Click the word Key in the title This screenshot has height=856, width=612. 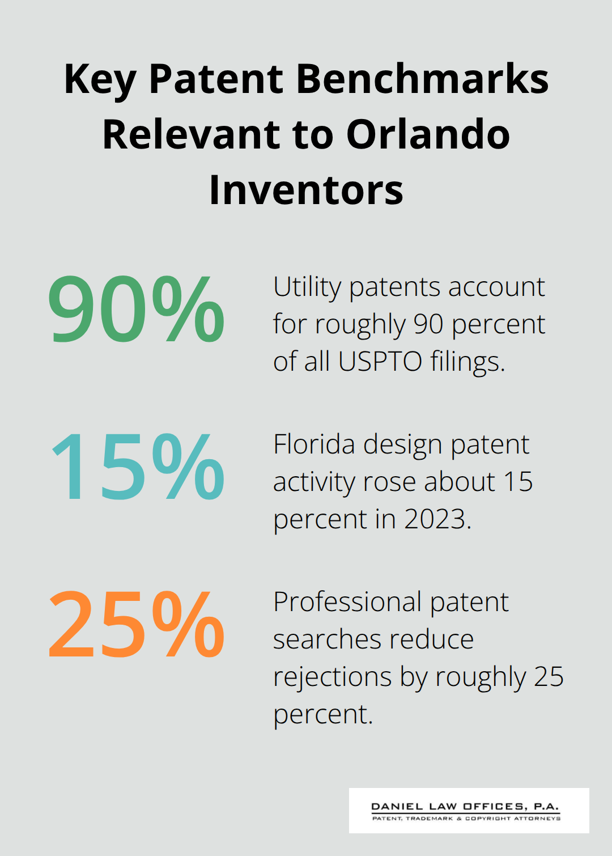[x=100, y=79]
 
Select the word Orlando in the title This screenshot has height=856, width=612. [x=428, y=134]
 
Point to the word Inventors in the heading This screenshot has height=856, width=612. [x=306, y=190]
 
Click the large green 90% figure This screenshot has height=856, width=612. [x=136, y=310]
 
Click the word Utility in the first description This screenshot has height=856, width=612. [x=306, y=287]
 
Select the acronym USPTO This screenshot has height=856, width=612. [x=380, y=361]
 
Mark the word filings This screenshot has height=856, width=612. [x=467, y=362]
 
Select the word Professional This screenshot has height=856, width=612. [x=347, y=602]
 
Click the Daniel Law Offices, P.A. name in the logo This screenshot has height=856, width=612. [x=465, y=806]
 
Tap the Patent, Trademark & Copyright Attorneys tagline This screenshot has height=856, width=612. [x=466, y=819]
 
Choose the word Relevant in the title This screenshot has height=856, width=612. [x=192, y=134]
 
